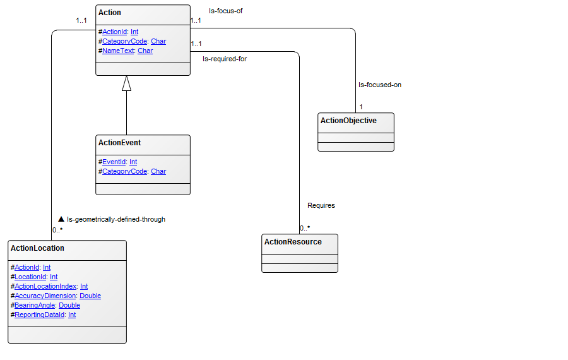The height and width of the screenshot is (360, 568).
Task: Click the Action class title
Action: (110, 13)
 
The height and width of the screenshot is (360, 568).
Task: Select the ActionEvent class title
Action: (119, 143)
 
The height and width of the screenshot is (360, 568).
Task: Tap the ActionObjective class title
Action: (348, 121)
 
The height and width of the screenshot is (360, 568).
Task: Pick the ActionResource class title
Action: (293, 242)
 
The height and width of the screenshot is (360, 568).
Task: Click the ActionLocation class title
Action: (37, 248)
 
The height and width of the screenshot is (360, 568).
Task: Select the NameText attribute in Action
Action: (118, 51)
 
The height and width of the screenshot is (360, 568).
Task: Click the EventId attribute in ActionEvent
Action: (114, 162)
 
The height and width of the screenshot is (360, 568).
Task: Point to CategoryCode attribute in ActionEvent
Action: (125, 171)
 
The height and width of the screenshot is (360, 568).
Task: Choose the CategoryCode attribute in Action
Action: (125, 41)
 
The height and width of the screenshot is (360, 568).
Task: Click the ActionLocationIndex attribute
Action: (45, 286)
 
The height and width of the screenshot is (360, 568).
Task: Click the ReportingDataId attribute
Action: (40, 315)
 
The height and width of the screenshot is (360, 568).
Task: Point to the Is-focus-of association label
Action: (226, 11)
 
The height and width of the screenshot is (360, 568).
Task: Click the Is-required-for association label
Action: (224, 59)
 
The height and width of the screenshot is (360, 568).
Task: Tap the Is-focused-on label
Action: (380, 85)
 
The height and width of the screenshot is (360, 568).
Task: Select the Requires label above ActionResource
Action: (321, 205)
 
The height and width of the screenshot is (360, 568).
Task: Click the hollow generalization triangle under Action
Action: (126, 83)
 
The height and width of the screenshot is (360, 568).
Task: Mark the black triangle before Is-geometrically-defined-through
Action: (61, 219)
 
